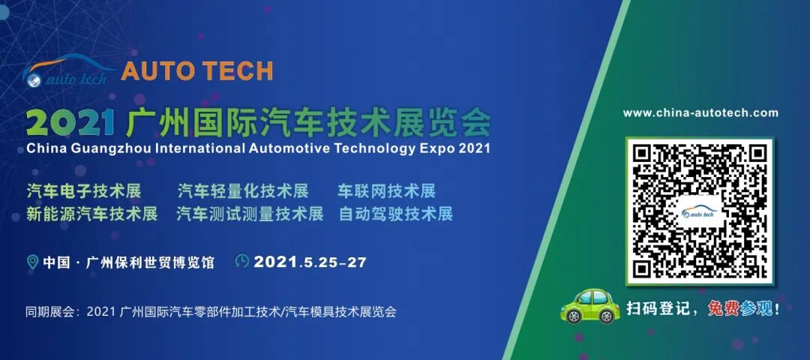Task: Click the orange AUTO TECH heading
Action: (x=196, y=70)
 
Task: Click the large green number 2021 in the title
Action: (x=70, y=120)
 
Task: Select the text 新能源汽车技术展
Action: (x=92, y=214)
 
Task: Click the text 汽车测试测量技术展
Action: (x=250, y=214)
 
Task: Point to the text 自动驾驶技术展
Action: (x=396, y=214)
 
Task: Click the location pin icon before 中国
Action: (x=32, y=262)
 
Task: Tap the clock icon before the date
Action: (x=242, y=261)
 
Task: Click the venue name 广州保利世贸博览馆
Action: (x=151, y=262)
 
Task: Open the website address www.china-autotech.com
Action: (x=700, y=113)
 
